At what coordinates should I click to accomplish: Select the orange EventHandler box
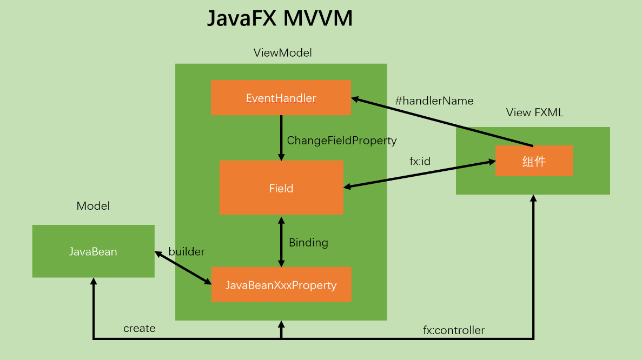coord(281,98)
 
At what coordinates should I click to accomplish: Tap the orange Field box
coord(281,188)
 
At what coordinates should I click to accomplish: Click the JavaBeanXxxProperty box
coord(281,285)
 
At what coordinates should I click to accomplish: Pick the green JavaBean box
coord(93,251)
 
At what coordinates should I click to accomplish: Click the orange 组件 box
coord(534,161)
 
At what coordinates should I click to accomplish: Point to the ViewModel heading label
coord(282,53)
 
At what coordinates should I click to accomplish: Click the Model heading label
coord(93,206)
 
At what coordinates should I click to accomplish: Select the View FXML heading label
coord(534,112)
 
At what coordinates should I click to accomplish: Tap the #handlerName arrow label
coord(434,101)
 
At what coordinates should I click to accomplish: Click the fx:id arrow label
coord(420,161)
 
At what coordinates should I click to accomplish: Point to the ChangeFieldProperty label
coord(341,141)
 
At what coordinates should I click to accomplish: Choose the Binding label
coord(308,243)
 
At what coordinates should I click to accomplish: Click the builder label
coord(187,252)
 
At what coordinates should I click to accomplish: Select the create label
coord(139,329)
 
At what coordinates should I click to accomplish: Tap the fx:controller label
coord(453,330)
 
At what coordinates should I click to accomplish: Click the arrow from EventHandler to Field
coord(281,137)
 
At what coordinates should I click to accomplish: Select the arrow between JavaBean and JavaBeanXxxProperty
coord(183,267)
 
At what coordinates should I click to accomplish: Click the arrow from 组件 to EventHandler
coord(442,122)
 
